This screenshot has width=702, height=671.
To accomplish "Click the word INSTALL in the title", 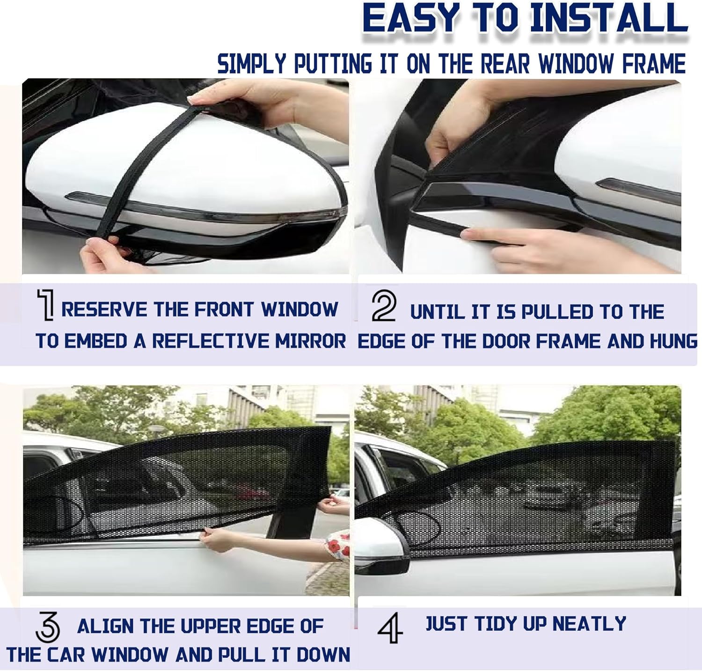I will point(608,19).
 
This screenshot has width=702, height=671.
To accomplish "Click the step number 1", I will point(46,305).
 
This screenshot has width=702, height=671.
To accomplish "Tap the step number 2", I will point(384,306).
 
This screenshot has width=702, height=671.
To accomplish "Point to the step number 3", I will point(48,627).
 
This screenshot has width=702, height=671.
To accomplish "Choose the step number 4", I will point(390,627).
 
